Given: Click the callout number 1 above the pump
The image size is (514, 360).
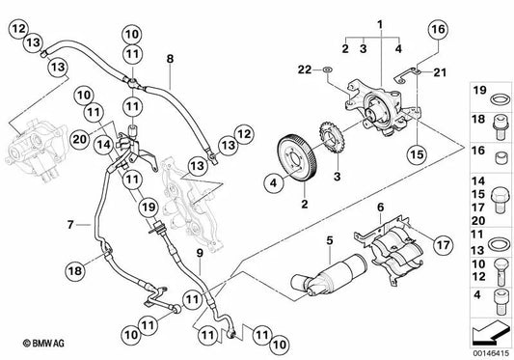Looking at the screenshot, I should tap(380, 22).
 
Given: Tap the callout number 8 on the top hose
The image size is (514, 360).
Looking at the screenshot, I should tap(170, 59).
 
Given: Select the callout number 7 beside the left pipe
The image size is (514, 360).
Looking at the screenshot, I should tap(70, 225).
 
